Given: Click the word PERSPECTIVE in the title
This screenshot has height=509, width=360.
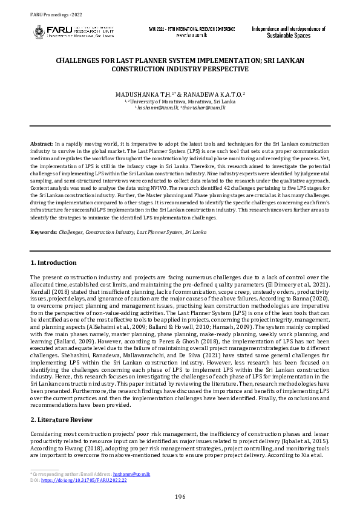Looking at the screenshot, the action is click(208, 69).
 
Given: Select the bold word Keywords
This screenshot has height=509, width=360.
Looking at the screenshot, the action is click(44, 232).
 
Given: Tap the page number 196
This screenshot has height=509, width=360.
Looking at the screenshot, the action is click(180, 496).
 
